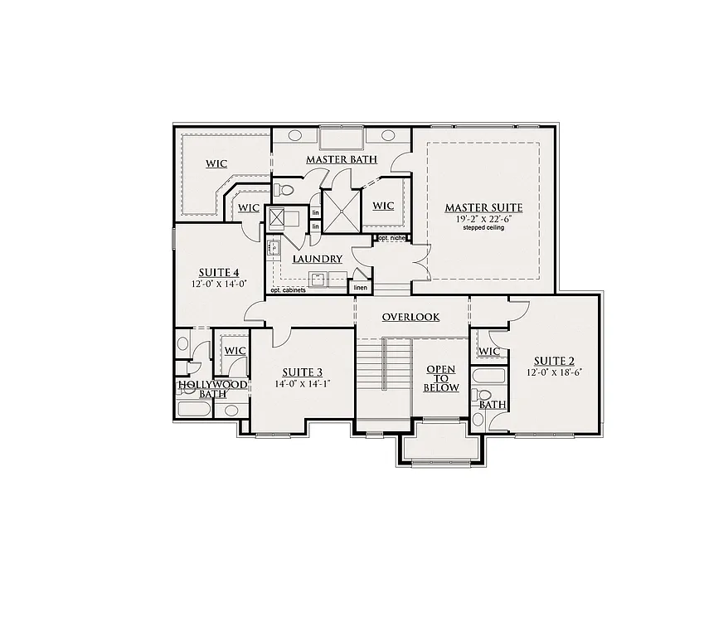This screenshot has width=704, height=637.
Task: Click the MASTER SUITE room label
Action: [x=483, y=207]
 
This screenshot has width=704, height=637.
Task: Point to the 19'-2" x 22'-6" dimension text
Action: [x=483, y=219]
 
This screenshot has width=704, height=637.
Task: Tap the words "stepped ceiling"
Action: [x=483, y=228]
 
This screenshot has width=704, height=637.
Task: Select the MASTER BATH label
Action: [x=342, y=159]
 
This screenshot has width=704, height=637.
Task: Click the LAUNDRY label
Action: [x=318, y=260]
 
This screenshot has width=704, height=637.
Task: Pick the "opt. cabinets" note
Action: [x=288, y=290]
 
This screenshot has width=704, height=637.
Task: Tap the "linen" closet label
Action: [x=360, y=288]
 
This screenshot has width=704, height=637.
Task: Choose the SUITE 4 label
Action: [x=219, y=272]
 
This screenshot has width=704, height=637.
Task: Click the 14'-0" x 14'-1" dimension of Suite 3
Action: [x=302, y=383]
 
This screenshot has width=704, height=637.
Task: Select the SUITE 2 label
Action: [x=554, y=361]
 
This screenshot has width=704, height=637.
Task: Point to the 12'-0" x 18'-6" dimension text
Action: [x=554, y=372]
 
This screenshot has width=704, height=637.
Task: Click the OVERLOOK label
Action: [x=410, y=318]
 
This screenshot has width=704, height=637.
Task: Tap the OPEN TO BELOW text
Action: [x=441, y=378]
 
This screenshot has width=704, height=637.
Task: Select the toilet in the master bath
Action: [x=284, y=190]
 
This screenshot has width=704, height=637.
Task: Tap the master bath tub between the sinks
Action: [x=342, y=137]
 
